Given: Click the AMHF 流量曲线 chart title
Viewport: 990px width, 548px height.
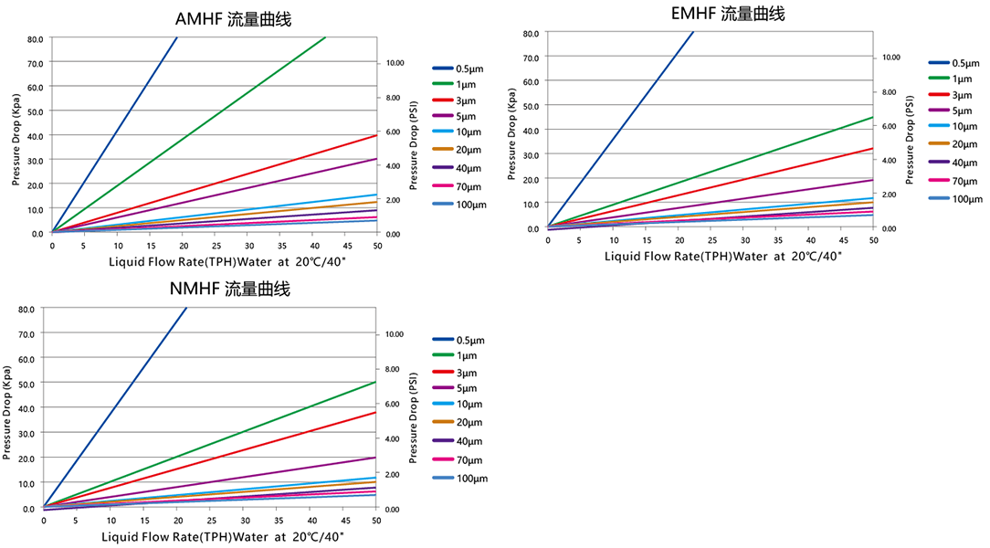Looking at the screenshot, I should (234, 19).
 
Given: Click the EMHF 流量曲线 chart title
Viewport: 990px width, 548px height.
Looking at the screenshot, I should (727, 14).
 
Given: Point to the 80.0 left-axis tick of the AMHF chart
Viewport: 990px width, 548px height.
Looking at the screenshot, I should (35, 39).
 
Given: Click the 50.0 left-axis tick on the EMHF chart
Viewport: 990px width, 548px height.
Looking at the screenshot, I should (531, 105).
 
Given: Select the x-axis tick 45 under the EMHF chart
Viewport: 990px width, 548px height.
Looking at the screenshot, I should (841, 240).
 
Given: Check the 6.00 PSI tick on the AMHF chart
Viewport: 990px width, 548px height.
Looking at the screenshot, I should (395, 132).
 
